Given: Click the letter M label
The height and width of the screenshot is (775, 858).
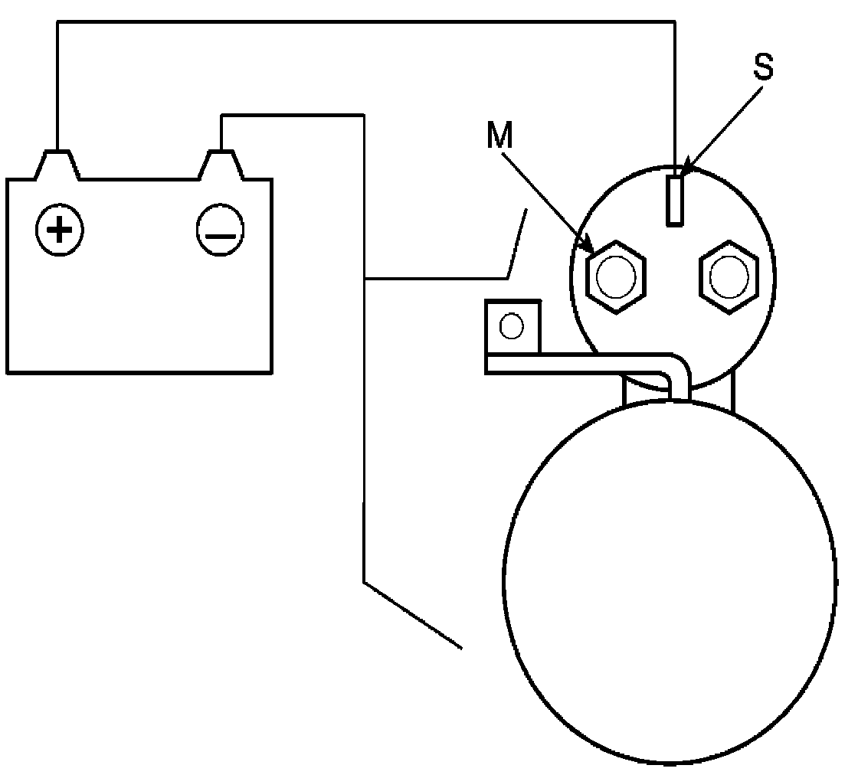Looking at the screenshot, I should [499, 136].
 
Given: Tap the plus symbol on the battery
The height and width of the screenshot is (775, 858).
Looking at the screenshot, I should [59, 229].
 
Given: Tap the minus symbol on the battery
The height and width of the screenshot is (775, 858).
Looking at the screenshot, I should [221, 230].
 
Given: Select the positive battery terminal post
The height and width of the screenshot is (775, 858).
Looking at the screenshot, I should [57, 163].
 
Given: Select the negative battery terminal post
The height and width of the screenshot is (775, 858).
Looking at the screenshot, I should [221, 163].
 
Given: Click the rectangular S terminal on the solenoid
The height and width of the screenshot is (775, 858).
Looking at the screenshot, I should [675, 200].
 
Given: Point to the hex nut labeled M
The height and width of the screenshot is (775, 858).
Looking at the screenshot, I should [615, 277].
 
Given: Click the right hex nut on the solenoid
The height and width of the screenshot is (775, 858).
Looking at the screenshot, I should [729, 277].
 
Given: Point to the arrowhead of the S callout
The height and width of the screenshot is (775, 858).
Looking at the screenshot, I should [685, 169].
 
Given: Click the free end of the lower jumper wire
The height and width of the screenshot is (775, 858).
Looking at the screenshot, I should [461, 648].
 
